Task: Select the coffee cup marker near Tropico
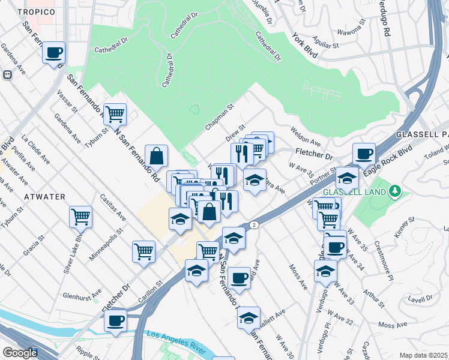(54, 53)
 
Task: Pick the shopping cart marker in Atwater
(80, 216)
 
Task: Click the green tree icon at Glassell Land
(394, 191)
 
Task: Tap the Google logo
(20, 353)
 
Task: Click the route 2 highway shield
(255, 225)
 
